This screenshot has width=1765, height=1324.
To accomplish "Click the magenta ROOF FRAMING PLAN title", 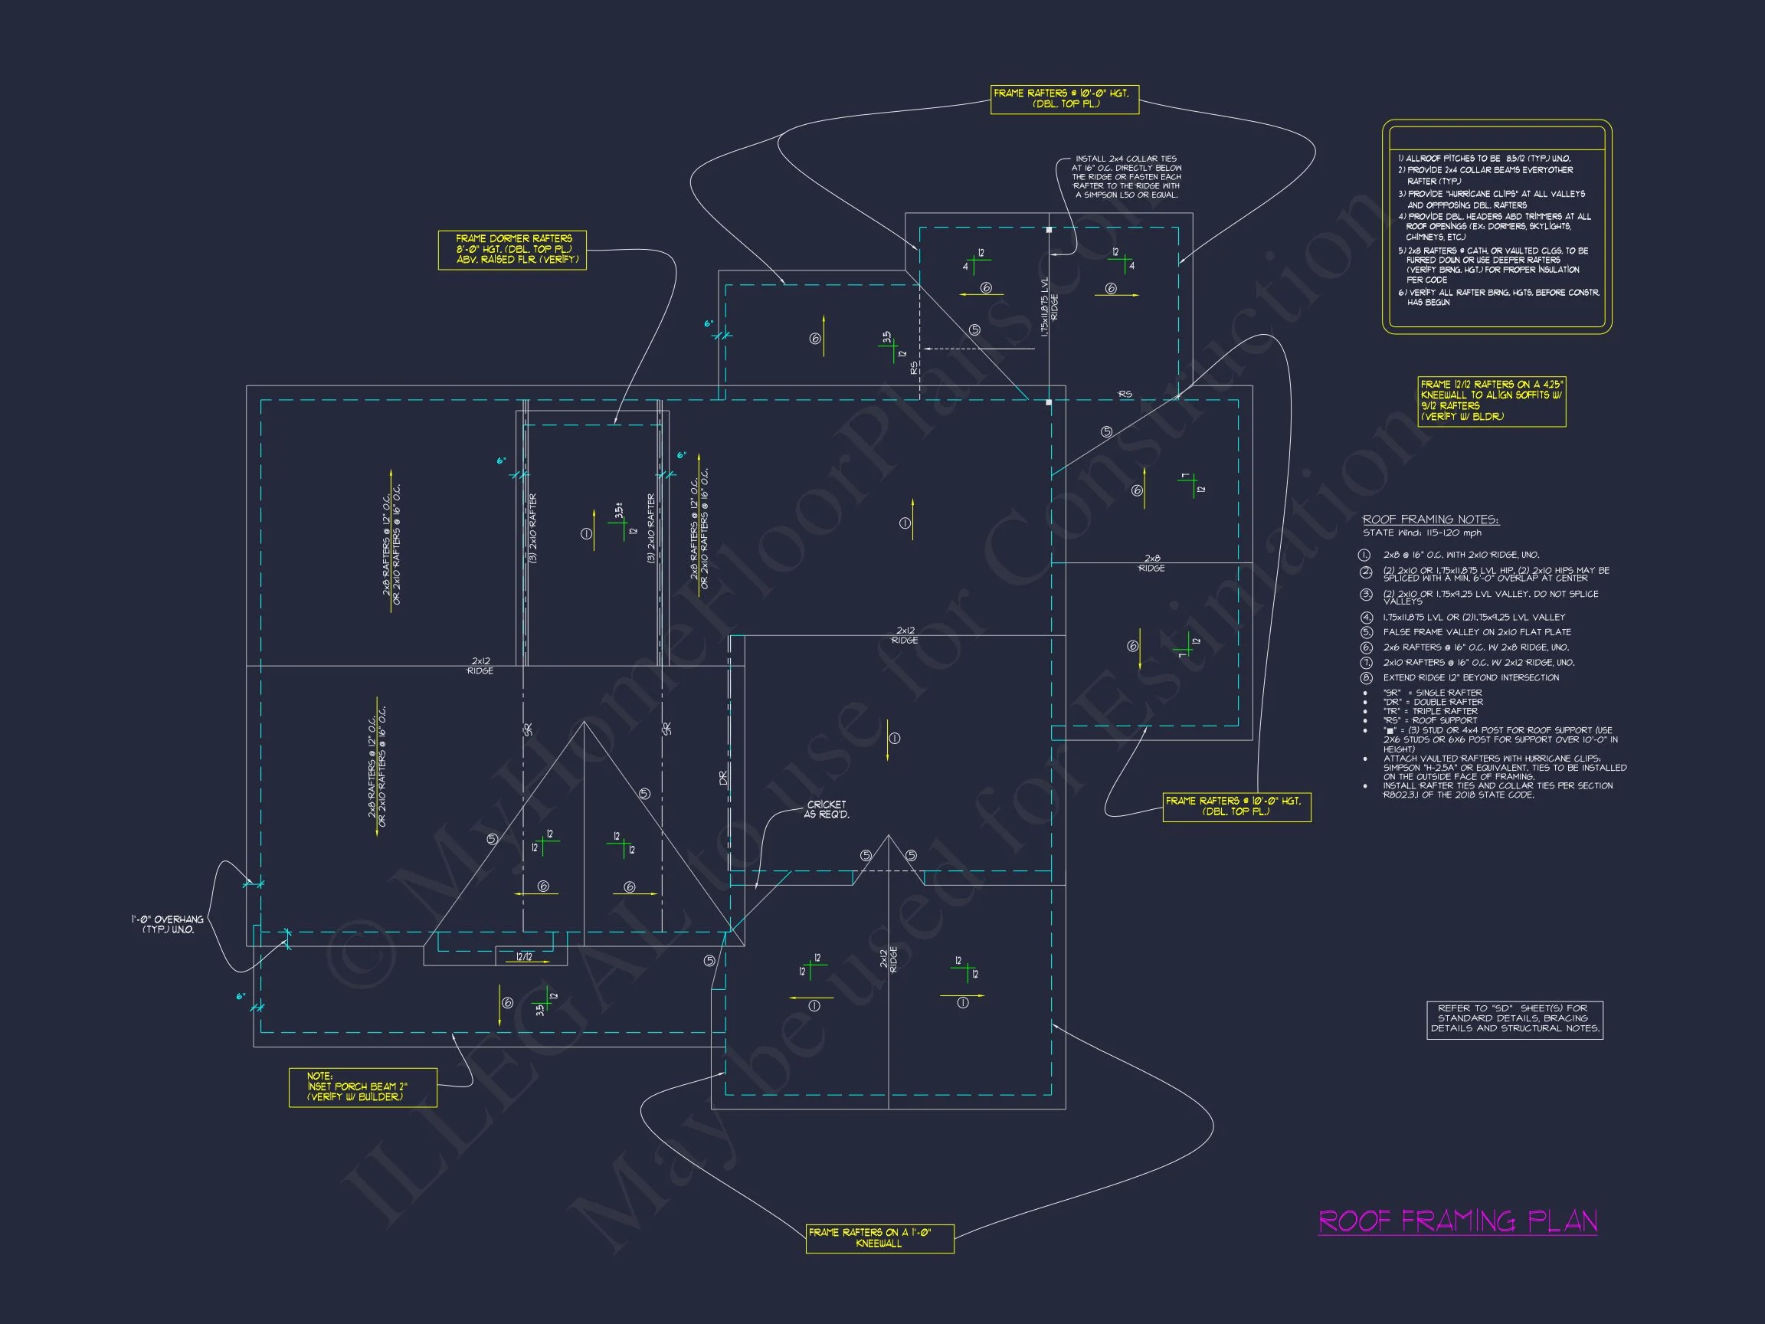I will tap(1457, 1221).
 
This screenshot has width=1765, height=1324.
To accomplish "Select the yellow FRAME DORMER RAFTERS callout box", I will tap(512, 250).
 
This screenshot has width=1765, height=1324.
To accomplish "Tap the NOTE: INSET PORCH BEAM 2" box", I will tap(362, 1087).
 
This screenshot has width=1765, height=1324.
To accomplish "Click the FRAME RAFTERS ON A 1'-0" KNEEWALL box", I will tap(879, 1238).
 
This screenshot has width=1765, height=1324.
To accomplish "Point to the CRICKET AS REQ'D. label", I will tap(827, 809).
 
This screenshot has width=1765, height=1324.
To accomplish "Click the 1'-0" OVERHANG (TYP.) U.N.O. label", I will tap(168, 924).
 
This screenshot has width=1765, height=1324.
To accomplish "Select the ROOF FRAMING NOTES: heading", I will tap(1430, 519).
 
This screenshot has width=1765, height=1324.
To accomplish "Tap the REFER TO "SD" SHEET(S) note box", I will tap(1514, 1019).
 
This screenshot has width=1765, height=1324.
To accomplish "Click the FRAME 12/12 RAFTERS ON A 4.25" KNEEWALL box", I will tap(1492, 401).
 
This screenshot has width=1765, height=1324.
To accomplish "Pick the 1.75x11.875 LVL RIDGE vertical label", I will tap(1050, 306).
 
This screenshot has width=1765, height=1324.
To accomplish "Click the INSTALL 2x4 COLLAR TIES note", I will tap(1126, 176).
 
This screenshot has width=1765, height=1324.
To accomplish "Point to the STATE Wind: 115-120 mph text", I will tap(1421, 533).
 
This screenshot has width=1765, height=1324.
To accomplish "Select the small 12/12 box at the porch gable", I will tap(524, 956).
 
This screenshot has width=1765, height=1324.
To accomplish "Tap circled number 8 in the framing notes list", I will tap(1366, 678).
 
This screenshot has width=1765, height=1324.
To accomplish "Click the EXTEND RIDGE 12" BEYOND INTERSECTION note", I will tap(1471, 678).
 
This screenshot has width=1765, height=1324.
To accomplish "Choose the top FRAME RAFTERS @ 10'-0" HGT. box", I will tap(1064, 99).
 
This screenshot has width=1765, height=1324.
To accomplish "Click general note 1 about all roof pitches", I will tap(1484, 159).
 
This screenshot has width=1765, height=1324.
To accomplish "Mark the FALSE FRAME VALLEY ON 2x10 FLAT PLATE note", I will tap(1477, 632).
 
